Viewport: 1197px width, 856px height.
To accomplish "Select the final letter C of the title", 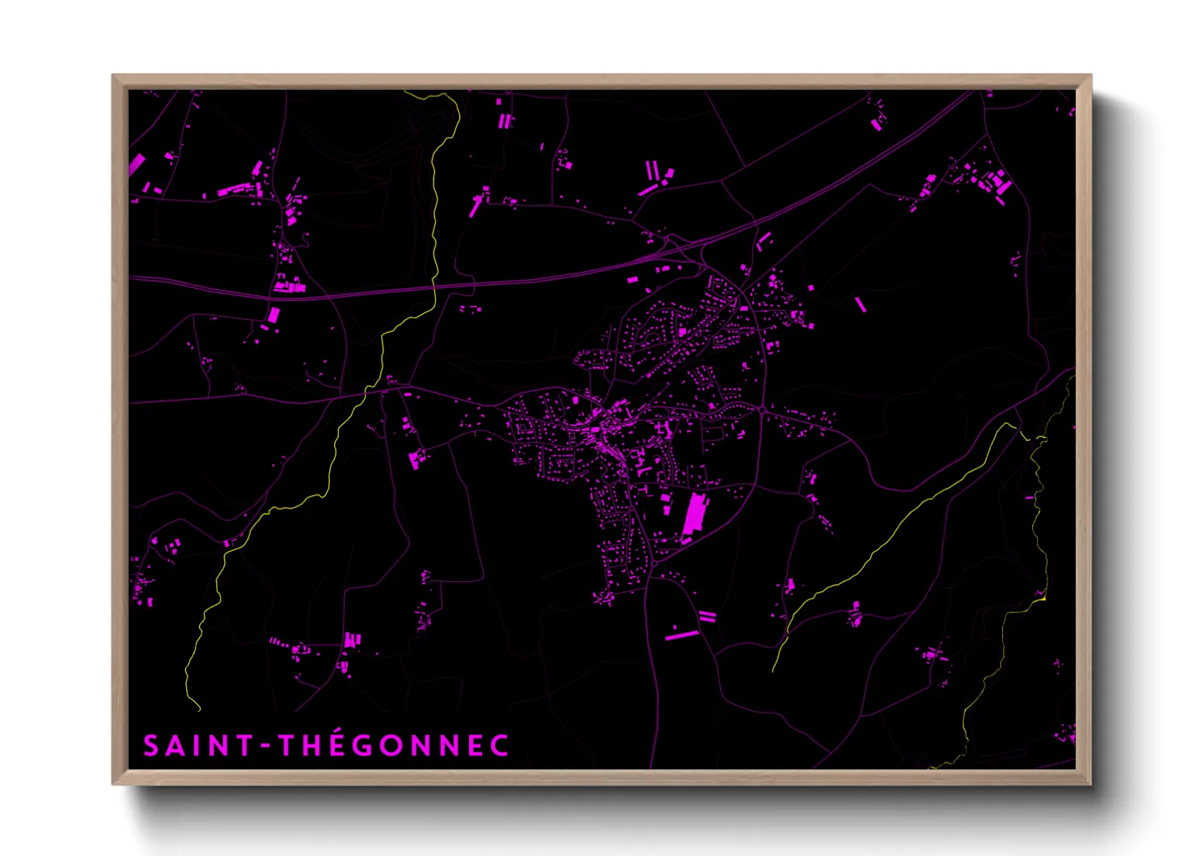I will coord(500,745).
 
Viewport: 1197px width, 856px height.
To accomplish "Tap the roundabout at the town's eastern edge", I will coord(763,411).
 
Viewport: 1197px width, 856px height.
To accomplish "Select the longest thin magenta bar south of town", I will coord(681,636).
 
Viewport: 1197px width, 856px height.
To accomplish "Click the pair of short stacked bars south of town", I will coord(708,616).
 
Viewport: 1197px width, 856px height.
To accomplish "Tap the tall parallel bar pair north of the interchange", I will coord(651,172).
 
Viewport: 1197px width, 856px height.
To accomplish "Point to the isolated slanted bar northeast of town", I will coord(860,304).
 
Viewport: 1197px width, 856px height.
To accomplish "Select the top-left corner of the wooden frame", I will coord(114,76).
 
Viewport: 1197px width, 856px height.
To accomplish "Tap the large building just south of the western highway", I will coord(273,315).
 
